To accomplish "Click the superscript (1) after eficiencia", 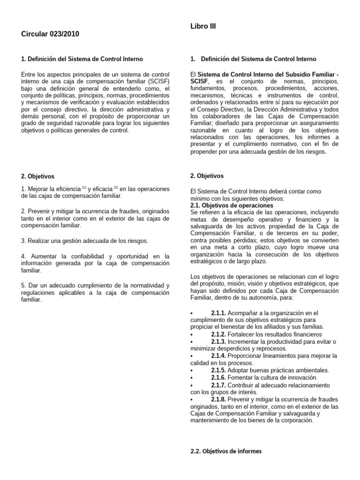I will (x=84, y=187).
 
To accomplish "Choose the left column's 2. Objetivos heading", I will (x=38, y=176).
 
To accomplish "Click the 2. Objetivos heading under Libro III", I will (x=207, y=176).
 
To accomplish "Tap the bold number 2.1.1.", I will (x=218, y=313).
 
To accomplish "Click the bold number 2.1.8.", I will (x=218, y=399).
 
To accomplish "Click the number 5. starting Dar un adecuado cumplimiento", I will (x=24, y=285).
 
